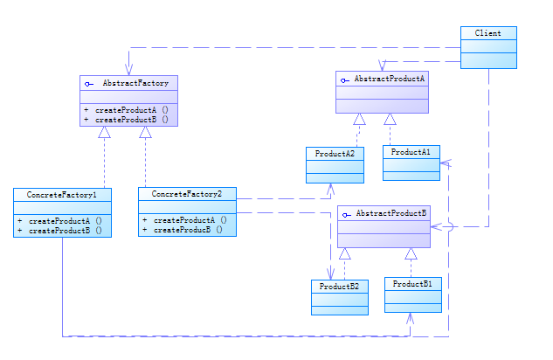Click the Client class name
(x=487, y=33)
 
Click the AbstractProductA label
(x=389, y=79)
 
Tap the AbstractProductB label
(x=391, y=213)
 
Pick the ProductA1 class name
(x=410, y=152)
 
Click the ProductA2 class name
(x=334, y=153)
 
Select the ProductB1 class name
(x=412, y=285)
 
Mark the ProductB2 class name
(x=340, y=286)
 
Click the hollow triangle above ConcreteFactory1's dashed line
(x=104, y=133)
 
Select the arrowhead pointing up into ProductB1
(x=411, y=318)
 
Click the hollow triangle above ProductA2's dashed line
(x=358, y=119)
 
